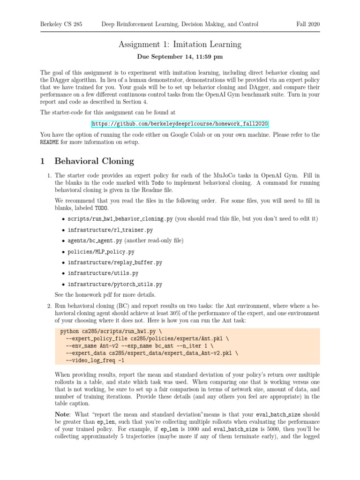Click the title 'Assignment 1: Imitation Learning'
[180, 45]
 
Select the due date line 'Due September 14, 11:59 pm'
[180, 57]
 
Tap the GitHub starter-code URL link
[180, 124]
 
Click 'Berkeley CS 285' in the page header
[61, 24]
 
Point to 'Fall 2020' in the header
[307, 24]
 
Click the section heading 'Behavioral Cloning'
[94, 161]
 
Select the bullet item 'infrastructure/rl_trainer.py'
[110, 230]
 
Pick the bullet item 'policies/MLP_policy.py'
[101, 252]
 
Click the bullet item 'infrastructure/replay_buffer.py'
[115, 262]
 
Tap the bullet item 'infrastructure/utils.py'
[103, 273]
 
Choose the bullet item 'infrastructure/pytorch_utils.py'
[115, 284]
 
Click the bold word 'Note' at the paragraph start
[62, 414]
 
